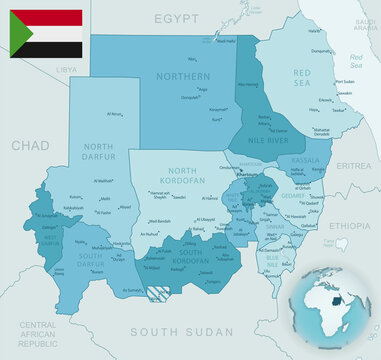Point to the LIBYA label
pyautogui.click(x=66, y=70)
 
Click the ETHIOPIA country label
pyautogui.click(x=350, y=227)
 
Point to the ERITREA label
pyautogui.click(x=353, y=165)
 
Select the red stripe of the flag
pyautogui.click(x=55, y=16)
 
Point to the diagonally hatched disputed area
pyautogui.click(x=157, y=294)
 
